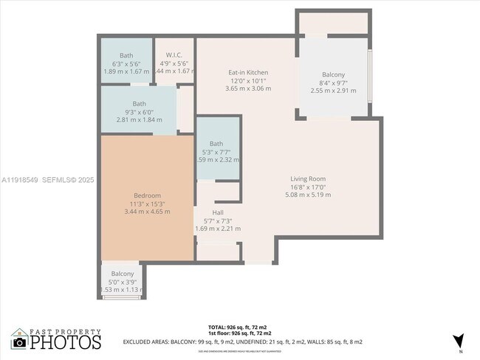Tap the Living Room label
pyautogui.click(x=307, y=179)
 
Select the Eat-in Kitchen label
pyautogui.click(x=248, y=72)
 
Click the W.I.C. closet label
pyautogui.click(x=174, y=55)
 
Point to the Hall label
pyautogui.click(x=218, y=212)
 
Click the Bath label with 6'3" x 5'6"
pyautogui.click(x=127, y=55)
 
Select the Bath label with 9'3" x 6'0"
pyautogui.click(x=140, y=103)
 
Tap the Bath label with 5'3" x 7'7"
pyautogui.click(x=216, y=143)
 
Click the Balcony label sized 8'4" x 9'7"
pyautogui.click(x=333, y=75)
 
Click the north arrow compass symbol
pyautogui.click(x=459, y=340)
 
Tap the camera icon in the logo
pyautogui.click(x=20, y=342)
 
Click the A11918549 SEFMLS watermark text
pyautogui.click(x=48, y=179)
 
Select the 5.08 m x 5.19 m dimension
pyautogui.click(x=307, y=195)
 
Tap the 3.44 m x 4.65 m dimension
pyautogui.click(x=146, y=212)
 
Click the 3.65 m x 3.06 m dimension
pyautogui.click(x=248, y=89)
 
